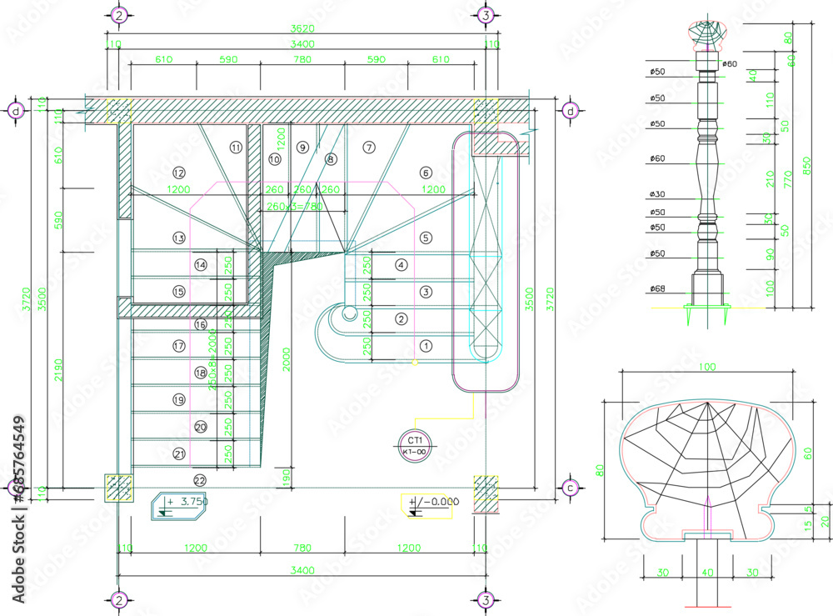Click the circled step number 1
pos(426,345)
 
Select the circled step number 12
pos(178,173)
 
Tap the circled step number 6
pos(426,173)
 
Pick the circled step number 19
pos(178,400)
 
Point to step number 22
pos(199,480)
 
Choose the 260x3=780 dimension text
pos(290,207)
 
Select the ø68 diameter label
pos(657,289)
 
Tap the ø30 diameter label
pos(657,194)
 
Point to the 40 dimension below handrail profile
pos(707,573)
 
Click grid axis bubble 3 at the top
pos(486,15)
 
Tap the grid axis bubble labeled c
pos(571,488)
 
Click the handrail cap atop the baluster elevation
pos(706,35)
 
